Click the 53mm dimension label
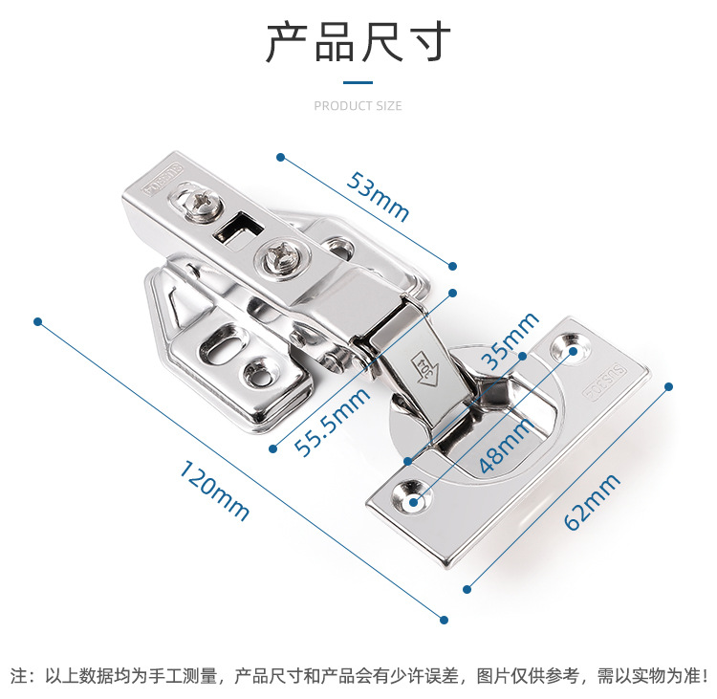point(379,195)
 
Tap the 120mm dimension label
point(214,491)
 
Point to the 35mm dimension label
point(509,341)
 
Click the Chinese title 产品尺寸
point(358,43)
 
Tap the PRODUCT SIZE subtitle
point(358,106)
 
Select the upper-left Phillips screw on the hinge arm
point(204,203)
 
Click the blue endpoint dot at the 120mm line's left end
point(39,320)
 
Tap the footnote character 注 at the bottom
point(17,675)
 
